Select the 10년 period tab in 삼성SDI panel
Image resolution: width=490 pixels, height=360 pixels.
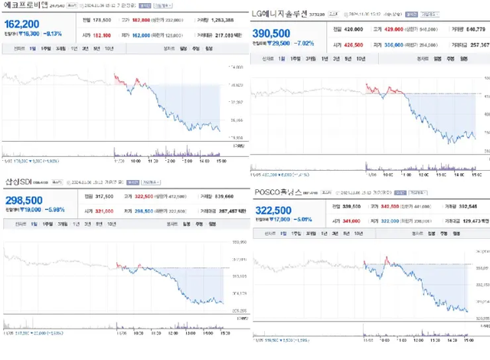coord(112,224)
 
